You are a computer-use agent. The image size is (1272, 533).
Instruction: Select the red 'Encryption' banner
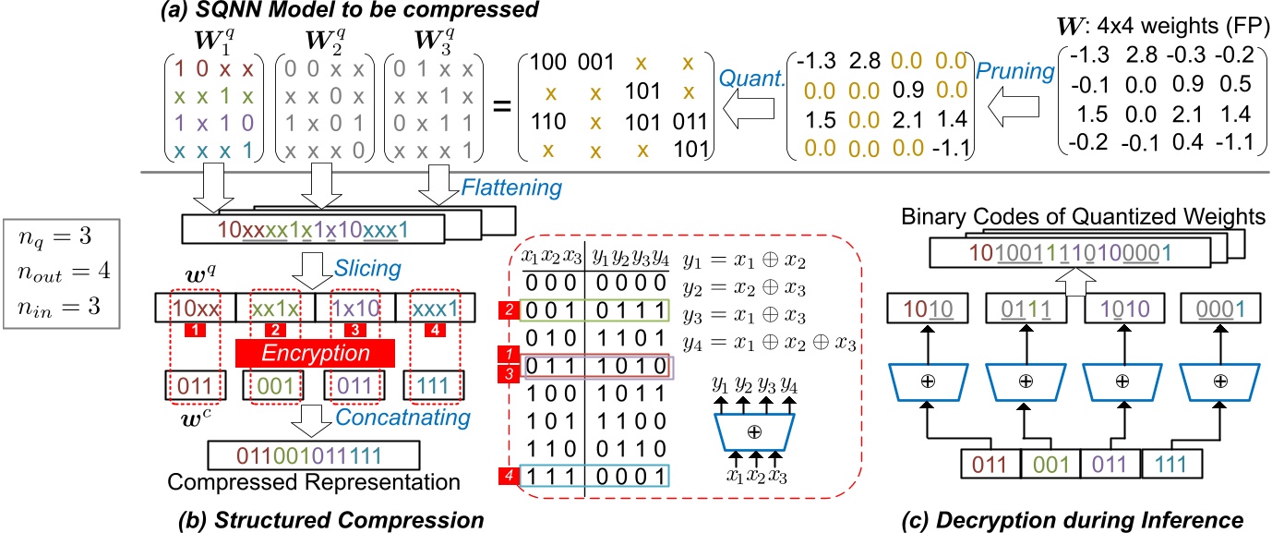(316, 352)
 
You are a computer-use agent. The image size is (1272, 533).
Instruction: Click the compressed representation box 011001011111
(313, 456)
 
